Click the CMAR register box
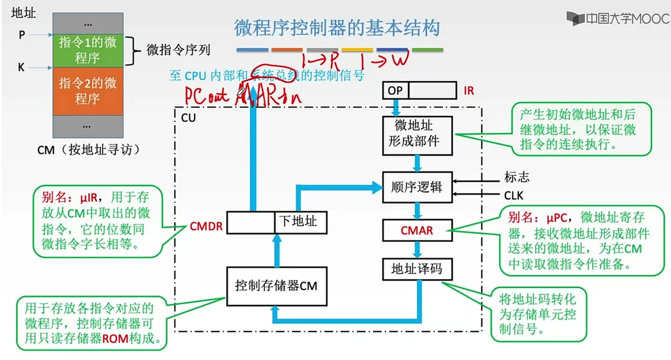(417, 230)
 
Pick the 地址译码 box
(417, 268)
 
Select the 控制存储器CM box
(276, 286)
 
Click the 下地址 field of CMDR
(301, 221)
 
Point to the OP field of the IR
(395, 90)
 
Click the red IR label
(469, 90)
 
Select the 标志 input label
(516, 177)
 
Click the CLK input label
(514, 196)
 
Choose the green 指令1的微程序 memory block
(87, 49)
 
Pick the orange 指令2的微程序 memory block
(87, 91)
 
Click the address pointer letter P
(22, 35)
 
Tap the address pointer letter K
(22, 68)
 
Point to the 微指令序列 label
(178, 50)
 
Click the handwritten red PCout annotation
(207, 95)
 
